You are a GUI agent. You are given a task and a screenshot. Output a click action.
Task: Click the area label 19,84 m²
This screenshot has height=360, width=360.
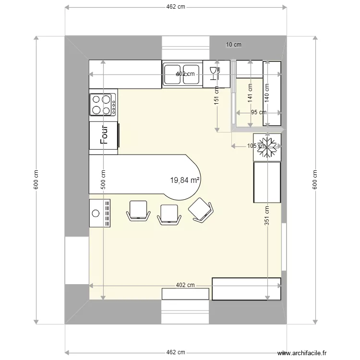(x=185, y=180)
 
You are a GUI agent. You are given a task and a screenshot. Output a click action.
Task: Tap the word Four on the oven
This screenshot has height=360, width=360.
(x=104, y=135)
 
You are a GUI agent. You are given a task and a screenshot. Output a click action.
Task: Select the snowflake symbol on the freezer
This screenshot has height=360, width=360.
(x=266, y=147)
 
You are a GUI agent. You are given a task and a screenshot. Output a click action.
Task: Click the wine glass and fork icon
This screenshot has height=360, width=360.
(x=215, y=73)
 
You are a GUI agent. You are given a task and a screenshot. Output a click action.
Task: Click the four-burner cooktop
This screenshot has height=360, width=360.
(x=103, y=105)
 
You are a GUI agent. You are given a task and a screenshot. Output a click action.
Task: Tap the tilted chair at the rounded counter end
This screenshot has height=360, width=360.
(x=201, y=210)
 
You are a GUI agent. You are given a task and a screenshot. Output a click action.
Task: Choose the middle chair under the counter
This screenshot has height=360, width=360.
(x=169, y=213)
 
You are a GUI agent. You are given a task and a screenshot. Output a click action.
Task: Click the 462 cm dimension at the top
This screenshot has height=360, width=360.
(x=176, y=7)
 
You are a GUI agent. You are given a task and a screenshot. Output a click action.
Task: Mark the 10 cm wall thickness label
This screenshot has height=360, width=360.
(x=233, y=45)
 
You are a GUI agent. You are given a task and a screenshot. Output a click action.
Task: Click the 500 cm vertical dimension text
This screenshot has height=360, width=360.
(x=102, y=180)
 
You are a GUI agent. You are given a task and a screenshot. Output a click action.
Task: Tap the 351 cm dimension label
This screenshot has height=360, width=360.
(x=266, y=214)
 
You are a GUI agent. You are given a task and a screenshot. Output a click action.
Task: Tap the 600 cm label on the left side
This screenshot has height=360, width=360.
(x=36, y=180)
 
